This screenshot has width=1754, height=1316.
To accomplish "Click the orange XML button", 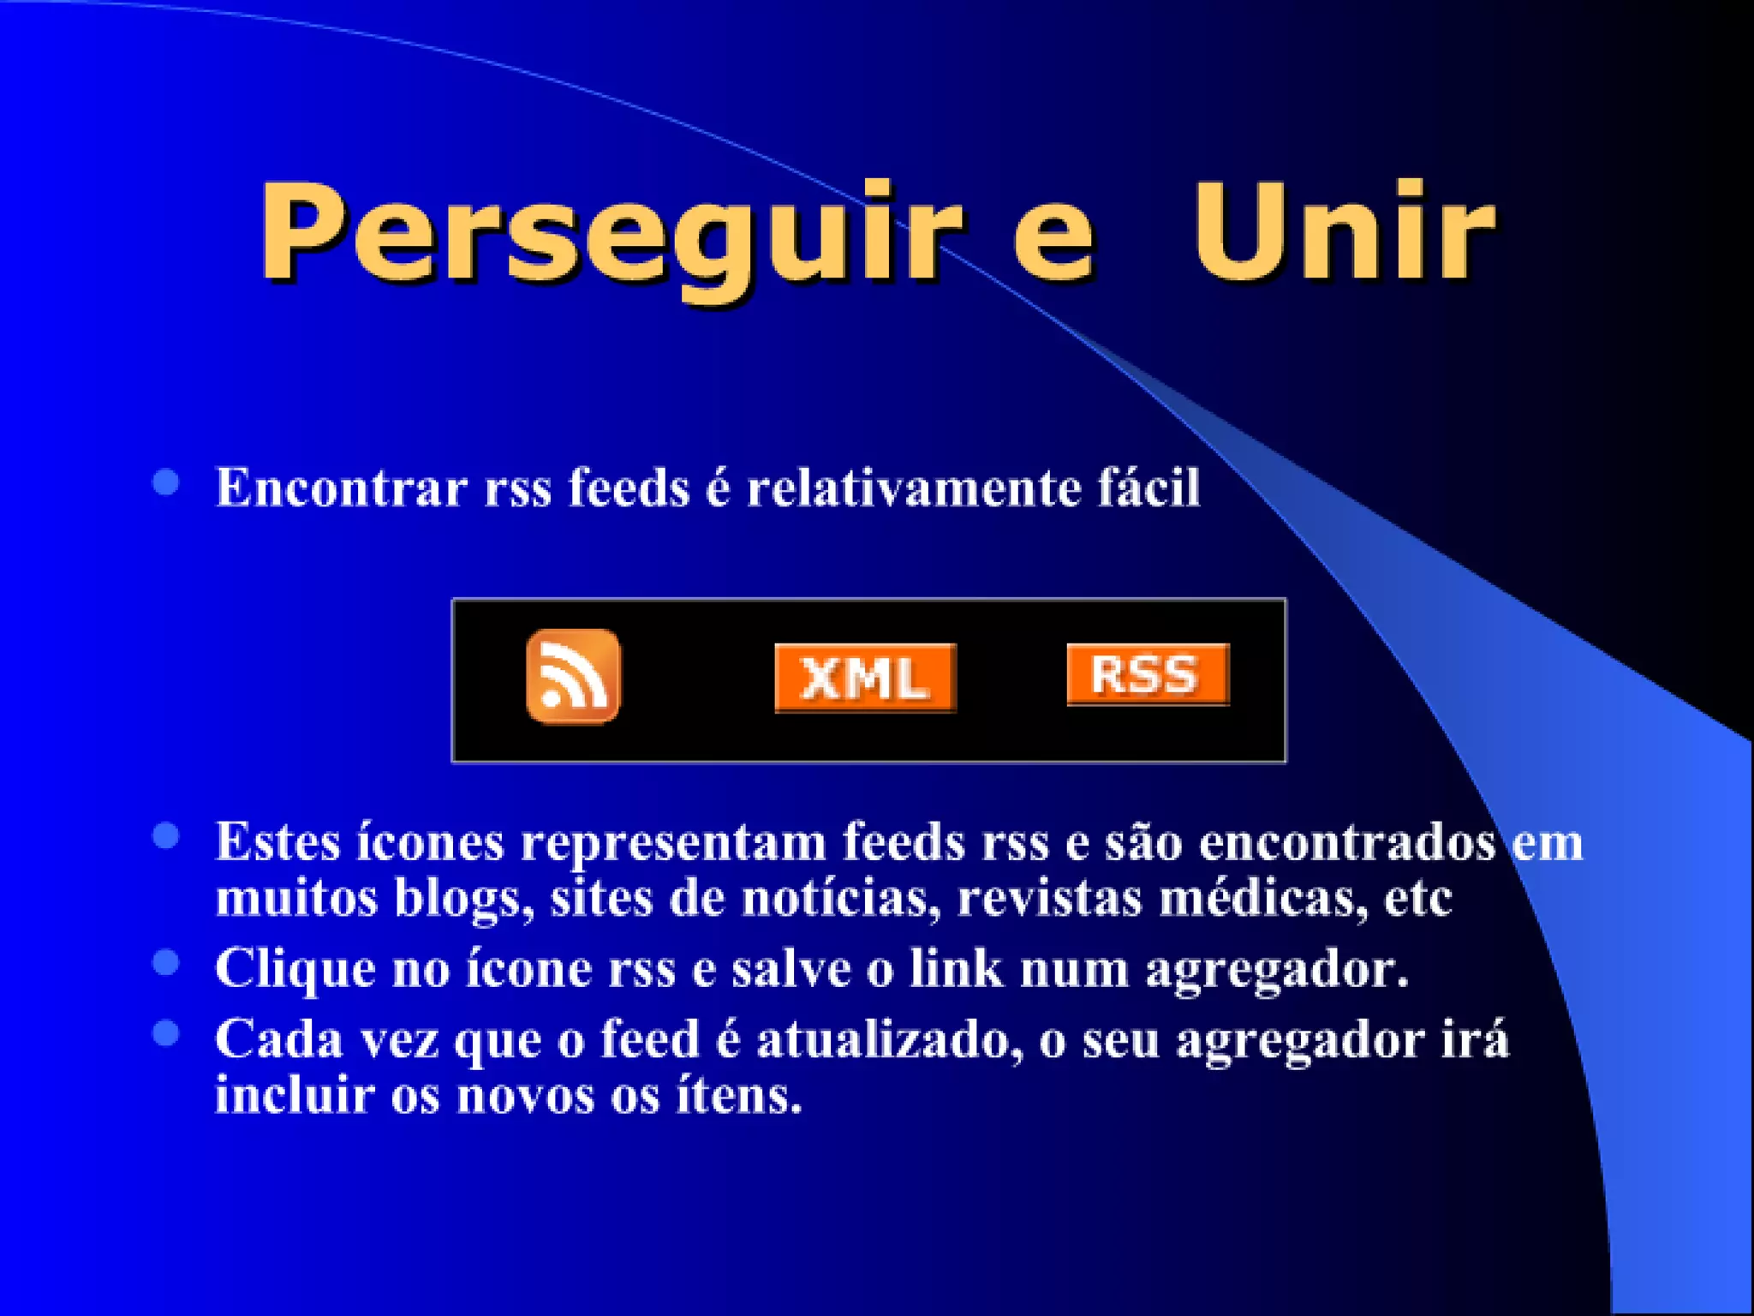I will tap(865, 678).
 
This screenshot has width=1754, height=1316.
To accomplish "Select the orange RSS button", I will tap(1148, 674).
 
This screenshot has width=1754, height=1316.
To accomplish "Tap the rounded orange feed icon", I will tap(573, 676).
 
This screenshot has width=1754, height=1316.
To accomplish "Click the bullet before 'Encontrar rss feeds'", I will tap(165, 482).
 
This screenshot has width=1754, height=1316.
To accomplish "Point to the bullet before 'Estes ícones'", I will tap(165, 835).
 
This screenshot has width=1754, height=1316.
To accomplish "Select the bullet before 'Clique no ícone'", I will tap(165, 963).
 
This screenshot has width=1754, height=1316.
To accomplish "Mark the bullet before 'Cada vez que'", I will tap(165, 1033).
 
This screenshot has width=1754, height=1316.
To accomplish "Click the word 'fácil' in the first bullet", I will tap(1148, 487).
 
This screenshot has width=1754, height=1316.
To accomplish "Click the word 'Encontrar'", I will tap(341, 488).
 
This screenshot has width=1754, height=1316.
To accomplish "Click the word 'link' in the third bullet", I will tap(955, 968).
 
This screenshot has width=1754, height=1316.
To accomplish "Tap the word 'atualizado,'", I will tap(890, 1040).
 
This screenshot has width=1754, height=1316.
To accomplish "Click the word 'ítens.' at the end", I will tap(739, 1096).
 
